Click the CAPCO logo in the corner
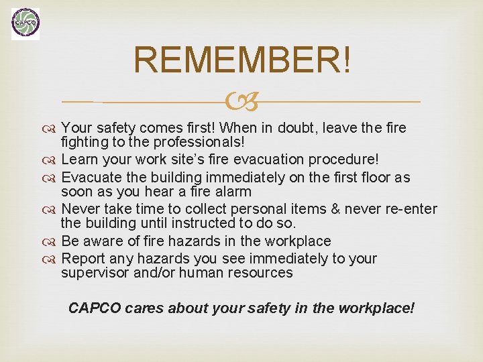point(25,23)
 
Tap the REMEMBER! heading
point(241,60)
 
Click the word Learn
point(78,160)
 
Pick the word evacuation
point(266,160)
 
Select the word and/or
point(154,273)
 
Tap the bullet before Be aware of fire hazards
point(52,241)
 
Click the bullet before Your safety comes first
point(52,128)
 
